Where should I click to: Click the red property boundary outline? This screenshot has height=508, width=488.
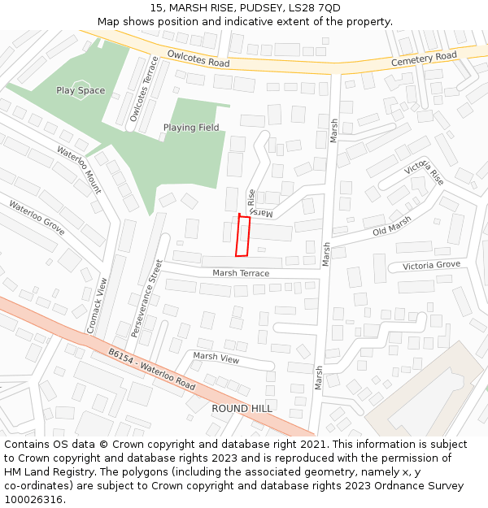pos(242,236)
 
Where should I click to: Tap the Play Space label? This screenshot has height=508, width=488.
pos(81,90)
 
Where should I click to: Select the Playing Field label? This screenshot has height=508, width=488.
pos(191,128)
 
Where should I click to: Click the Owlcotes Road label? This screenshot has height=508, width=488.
pos(198,59)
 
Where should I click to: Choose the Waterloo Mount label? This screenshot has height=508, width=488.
pos(79,169)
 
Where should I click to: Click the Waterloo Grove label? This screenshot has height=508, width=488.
pos(37,217)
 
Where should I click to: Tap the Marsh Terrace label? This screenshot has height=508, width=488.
pos(241,273)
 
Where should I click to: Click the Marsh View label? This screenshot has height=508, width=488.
pos(216,357)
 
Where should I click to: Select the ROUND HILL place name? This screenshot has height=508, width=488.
pos(242,408)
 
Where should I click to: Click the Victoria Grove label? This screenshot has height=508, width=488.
pos(431,266)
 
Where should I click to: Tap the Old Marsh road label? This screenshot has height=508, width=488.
pos(392,229)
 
